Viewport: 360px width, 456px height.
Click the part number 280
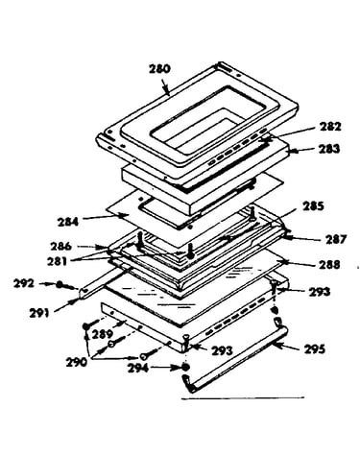pos(160,69)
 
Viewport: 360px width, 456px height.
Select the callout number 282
pos(330,127)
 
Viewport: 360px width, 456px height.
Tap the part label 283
pos(328,149)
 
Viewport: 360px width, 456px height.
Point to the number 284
pos(68,222)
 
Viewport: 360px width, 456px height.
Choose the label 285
pos(313,206)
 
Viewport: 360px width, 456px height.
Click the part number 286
pos(60,247)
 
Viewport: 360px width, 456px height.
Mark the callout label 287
pos(336,239)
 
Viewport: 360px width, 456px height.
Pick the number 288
pos(329,265)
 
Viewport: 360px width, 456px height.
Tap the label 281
pos(57,261)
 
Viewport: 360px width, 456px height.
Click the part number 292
pos(24,283)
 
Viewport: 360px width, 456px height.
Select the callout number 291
pos(39,313)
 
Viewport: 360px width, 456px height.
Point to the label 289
pos(103,334)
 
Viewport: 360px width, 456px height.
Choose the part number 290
pos(77,362)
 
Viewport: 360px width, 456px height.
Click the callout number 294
pos(138,369)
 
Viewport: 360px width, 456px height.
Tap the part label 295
pos(315,348)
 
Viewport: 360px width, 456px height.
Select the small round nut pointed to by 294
pos(184,368)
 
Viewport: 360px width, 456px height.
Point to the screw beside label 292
pos(63,285)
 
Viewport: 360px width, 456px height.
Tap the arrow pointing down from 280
pos(165,86)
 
